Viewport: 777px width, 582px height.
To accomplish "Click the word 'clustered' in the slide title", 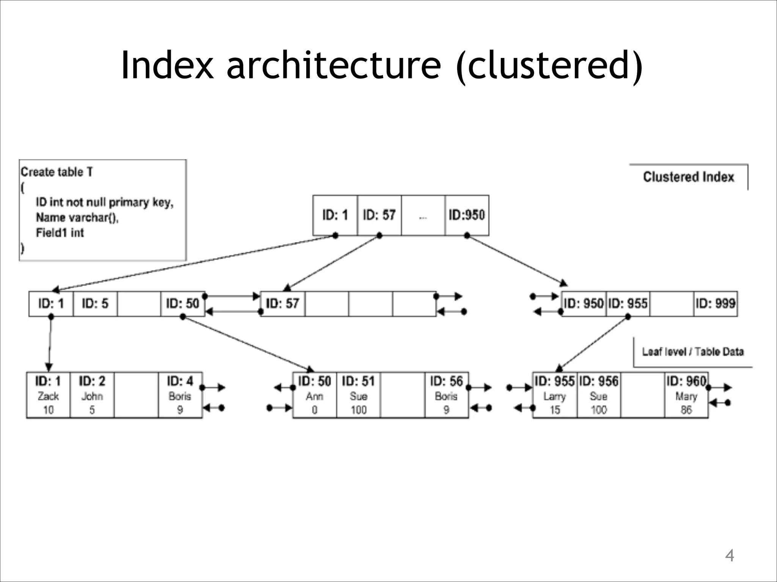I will (549, 65).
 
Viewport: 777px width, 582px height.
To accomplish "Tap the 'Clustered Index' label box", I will (688, 177).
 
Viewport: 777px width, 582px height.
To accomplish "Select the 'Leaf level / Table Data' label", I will (692, 352).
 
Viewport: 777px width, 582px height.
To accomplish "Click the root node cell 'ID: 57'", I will (379, 215).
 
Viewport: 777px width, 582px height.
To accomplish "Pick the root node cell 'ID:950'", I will (467, 215).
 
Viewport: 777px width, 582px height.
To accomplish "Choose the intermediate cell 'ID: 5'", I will (95, 304).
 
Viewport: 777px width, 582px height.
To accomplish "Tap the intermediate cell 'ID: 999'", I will (715, 304).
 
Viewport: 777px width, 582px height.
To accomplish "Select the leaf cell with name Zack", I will (48, 395).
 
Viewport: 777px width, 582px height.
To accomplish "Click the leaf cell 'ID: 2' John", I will (92, 395).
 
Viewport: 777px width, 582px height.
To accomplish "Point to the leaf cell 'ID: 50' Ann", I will (315, 395).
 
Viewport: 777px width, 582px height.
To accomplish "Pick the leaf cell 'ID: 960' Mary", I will (686, 395).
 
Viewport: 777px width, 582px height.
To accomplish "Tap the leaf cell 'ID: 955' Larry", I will (555, 395).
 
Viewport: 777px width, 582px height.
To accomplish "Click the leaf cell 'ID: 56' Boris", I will (446, 395).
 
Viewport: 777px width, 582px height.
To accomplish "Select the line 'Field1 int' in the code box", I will (60, 233).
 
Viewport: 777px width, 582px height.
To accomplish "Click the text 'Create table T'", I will (57, 172).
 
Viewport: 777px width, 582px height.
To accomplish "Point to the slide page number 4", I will (729, 556).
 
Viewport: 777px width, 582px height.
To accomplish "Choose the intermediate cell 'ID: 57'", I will (282, 304).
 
